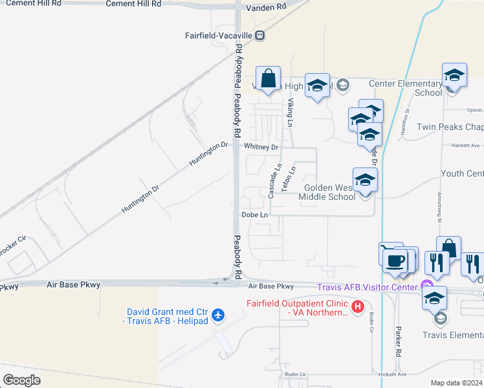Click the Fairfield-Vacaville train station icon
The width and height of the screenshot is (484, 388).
pyautogui.click(x=259, y=36)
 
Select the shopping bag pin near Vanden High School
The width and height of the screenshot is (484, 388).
pyautogui.click(x=268, y=80)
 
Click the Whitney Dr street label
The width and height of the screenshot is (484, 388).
pyautogui.click(x=261, y=147)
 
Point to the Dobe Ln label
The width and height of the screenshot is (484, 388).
pyautogui.click(x=254, y=215)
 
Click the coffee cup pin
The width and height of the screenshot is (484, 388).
pyautogui.click(x=395, y=261)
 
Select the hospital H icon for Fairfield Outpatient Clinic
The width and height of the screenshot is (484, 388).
pyautogui.click(x=358, y=305)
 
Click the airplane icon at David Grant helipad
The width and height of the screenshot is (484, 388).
pyautogui.click(x=219, y=314)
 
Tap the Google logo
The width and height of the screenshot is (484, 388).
pyautogui.click(x=21, y=380)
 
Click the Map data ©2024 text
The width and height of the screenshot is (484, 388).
pyautogui.click(x=456, y=383)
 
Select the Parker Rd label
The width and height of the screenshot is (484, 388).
pyautogui.click(x=399, y=341)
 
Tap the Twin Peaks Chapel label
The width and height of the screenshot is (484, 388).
pyautogui.click(x=450, y=127)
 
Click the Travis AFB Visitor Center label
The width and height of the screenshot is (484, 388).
pyautogui.click(x=367, y=286)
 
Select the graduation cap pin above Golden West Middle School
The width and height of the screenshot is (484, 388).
pyautogui.click(x=364, y=180)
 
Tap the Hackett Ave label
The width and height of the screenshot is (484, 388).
pyautogui.click(x=466, y=145)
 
